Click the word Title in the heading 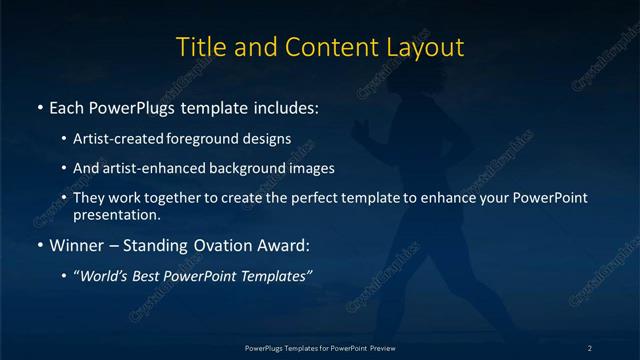pyautogui.click(x=199, y=47)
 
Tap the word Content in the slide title pyautogui.click(x=329, y=47)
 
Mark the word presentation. pyautogui.click(x=117, y=214)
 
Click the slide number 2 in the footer pyautogui.click(x=590, y=348)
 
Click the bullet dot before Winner pyautogui.click(x=39, y=245)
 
